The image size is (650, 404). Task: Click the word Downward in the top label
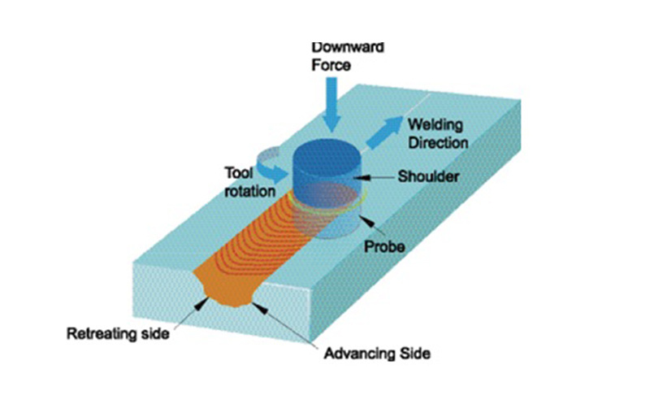[x=348, y=47]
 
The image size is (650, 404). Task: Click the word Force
[x=331, y=65]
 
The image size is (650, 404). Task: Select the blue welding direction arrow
[x=383, y=132]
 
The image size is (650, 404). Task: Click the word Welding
[x=435, y=124]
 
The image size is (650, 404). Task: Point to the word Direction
[x=438, y=143]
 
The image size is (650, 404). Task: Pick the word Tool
[x=238, y=172]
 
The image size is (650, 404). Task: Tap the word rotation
[x=249, y=191]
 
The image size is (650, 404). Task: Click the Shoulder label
[x=428, y=176]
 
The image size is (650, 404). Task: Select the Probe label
[x=384, y=247]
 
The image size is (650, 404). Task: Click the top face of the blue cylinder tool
[x=327, y=154]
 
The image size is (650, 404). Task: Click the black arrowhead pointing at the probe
[x=369, y=223]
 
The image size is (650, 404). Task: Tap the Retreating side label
[x=118, y=333]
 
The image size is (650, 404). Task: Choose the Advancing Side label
[x=377, y=354]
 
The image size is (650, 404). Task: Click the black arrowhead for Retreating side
[x=201, y=304]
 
